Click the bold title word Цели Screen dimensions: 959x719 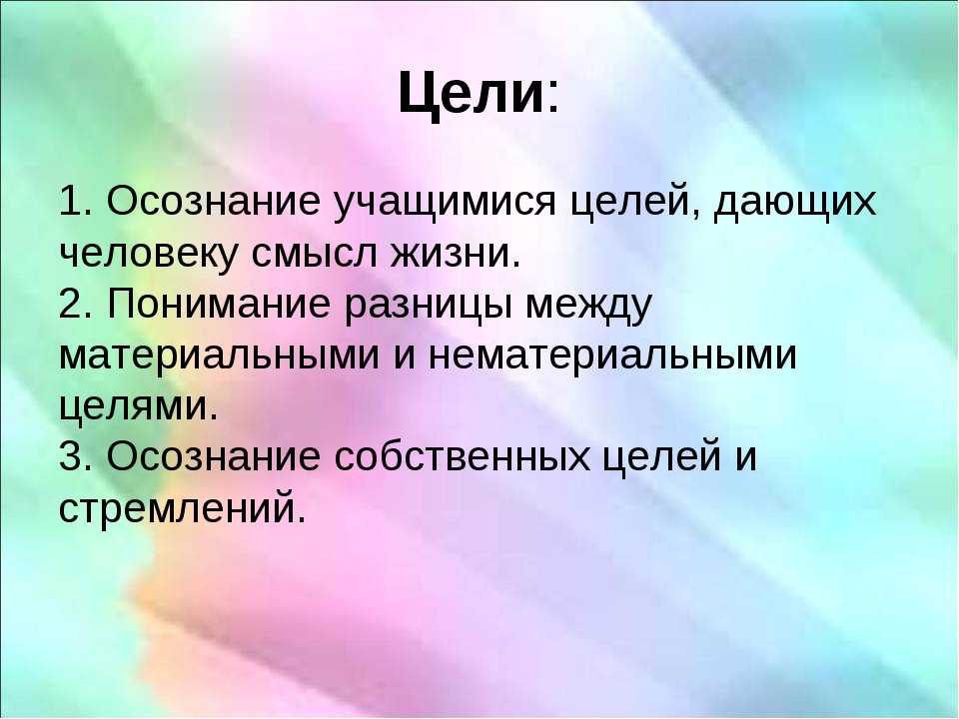point(471,93)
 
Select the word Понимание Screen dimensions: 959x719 point(219,303)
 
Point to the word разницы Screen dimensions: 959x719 point(428,307)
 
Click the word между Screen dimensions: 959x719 point(589,307)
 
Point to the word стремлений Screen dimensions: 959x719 point(182,508)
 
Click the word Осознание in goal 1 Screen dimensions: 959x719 point(213,201)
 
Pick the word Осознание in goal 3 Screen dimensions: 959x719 point(214,456)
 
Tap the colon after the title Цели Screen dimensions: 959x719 point(553,99)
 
